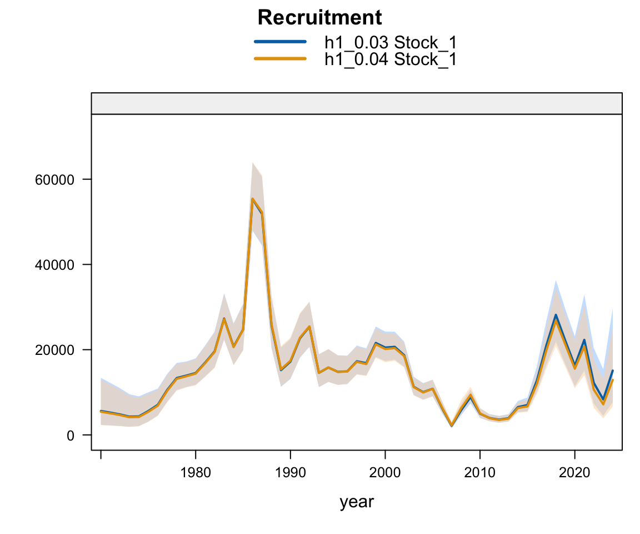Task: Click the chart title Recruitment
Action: click(319, 18)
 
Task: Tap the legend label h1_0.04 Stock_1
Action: click(391, 58)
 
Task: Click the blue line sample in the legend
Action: click(280, 42)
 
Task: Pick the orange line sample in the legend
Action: click(280, 58)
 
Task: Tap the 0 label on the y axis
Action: click(71, 435)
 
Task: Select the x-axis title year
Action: click(357, 502)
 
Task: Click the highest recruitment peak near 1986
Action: click(252, 199)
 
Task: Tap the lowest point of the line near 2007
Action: click(451, 426)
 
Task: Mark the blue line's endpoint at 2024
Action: click(612, 370)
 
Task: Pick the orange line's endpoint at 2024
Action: click(612, 380)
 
